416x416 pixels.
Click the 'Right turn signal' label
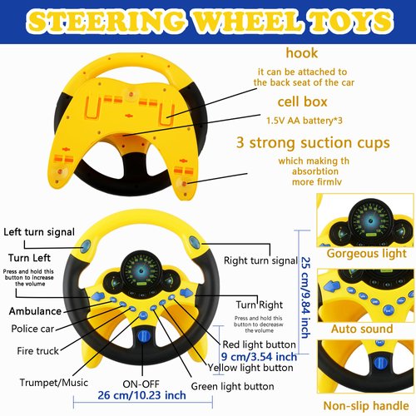pyautogui.click(x=260, y=260)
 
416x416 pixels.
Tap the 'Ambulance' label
pyautogui.click(x=34, y=310)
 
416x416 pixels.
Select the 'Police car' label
pyautogui.click(x=33, y=329)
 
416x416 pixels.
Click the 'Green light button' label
pyautogui.click(x=232, y=386)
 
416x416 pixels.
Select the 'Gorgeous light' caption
pyautogui.click(x=367, y=252)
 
